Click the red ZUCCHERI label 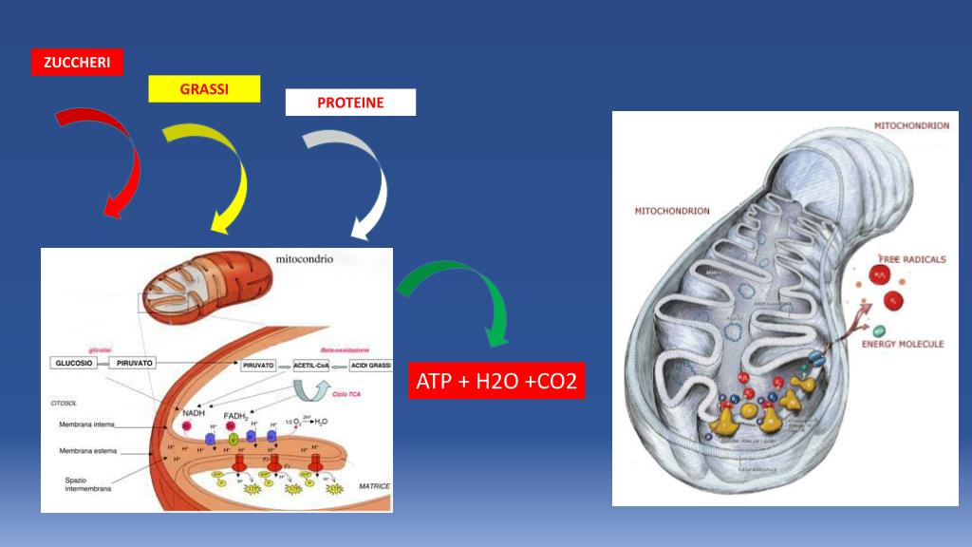coord(77,62)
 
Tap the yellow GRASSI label coord(204,88)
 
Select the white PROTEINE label coord(350,103)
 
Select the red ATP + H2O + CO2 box coord(496,382)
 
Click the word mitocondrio coord(304,258)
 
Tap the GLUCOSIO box coord(78,363)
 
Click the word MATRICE coord(373,485)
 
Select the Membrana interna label coord(86,424)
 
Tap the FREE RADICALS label coord(909,259)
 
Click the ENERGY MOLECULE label coord(902,344)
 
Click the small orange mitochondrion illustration coord(207,290)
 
